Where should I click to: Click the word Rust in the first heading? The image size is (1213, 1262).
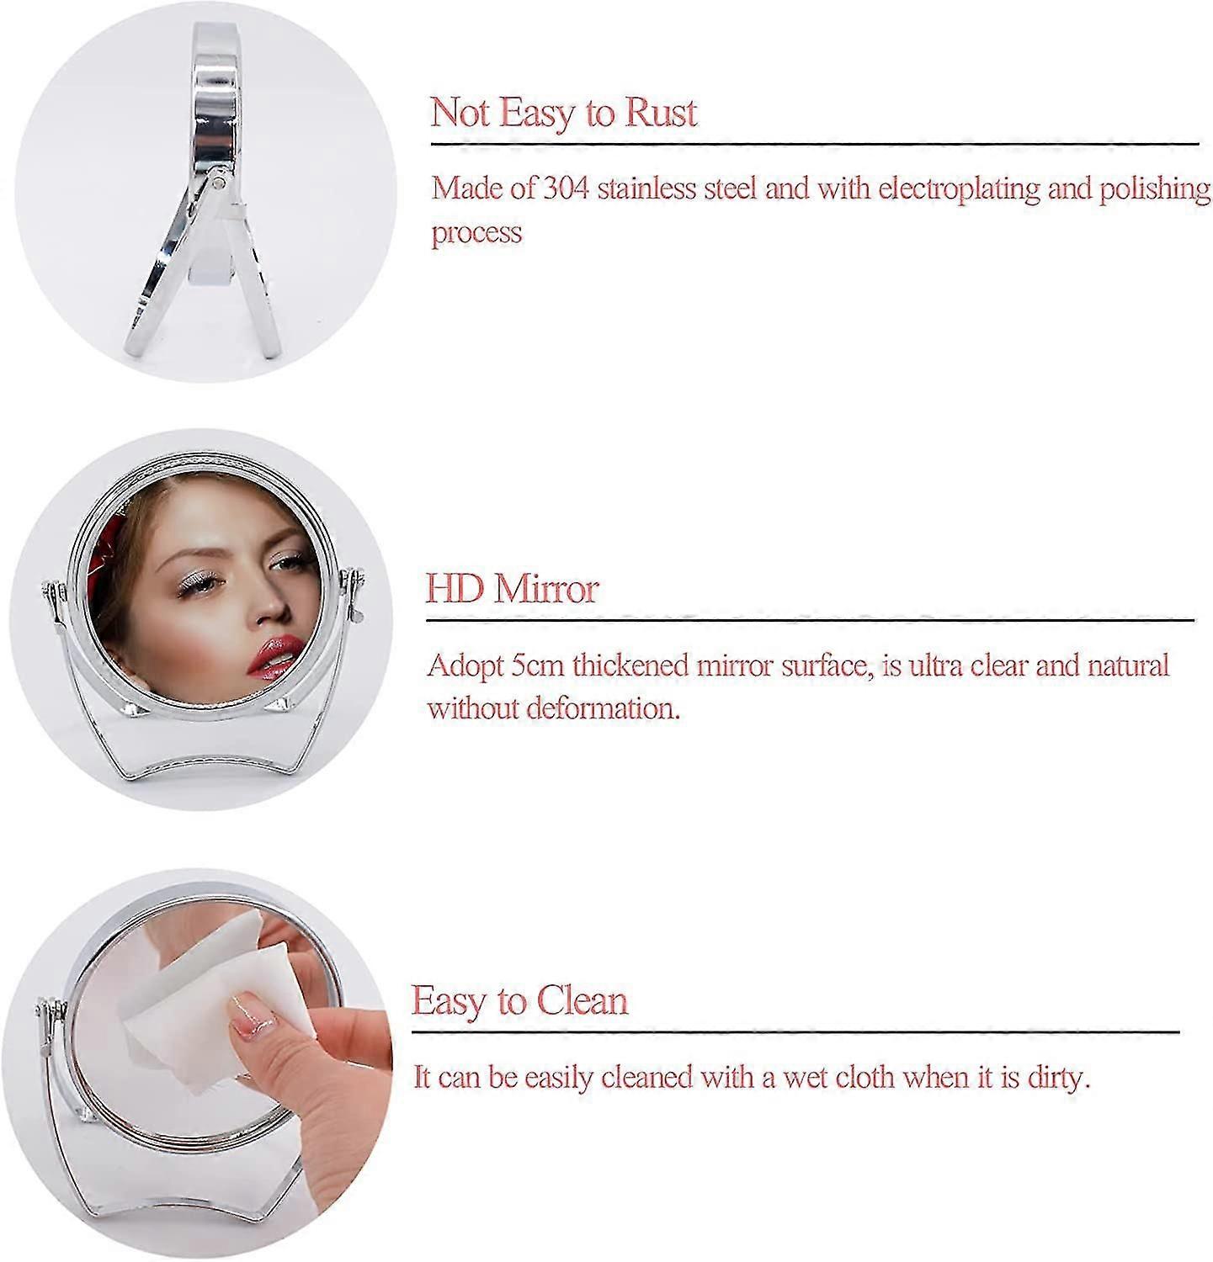pyautogui.click(x=659, y=113)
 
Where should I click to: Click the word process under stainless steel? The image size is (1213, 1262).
pyautogui.click(x=477, y=233)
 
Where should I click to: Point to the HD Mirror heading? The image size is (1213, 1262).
pyautogui.click(x=512, y=588)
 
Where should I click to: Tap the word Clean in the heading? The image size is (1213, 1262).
pyautogui.click(x=583, y=1000)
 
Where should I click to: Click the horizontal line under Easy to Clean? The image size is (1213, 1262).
pyautogui.click(x=795, y=1031)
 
